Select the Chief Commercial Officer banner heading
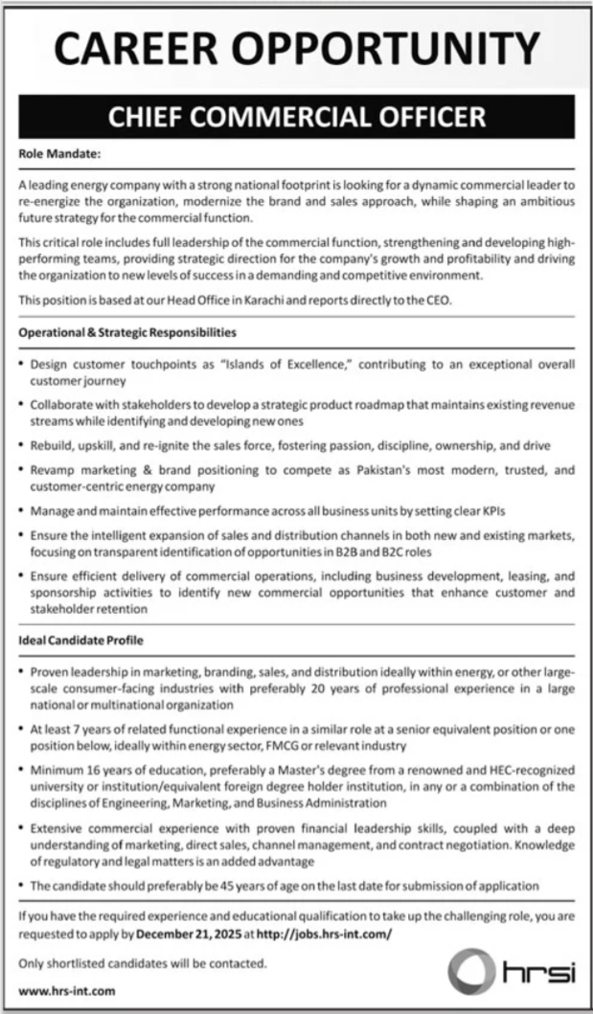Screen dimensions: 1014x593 click(296, 117)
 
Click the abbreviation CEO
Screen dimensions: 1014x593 click(436, 301)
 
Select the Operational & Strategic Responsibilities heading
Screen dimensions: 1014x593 click(127, 333)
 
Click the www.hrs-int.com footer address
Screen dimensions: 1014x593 click(67, 993)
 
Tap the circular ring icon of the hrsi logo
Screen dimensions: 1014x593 click(473, 974)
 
